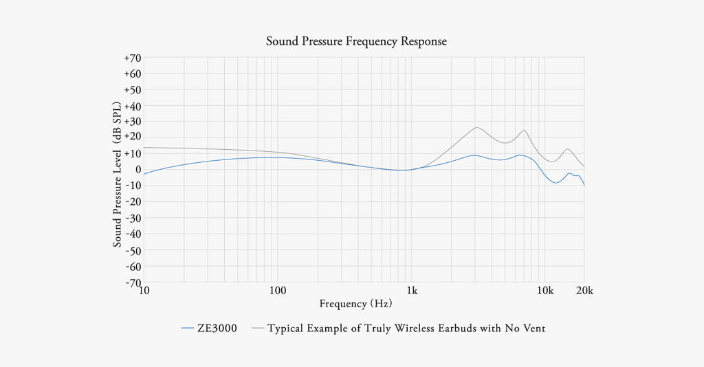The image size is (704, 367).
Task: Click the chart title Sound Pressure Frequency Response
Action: click(356, 41)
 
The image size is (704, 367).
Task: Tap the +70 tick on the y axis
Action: click(132, 58)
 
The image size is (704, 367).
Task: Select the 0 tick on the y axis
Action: click(137, 170)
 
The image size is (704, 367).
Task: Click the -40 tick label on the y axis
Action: click(133, 234)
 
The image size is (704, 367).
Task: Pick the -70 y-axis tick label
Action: click(133, 282)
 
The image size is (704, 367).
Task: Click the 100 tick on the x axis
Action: click(277, 291)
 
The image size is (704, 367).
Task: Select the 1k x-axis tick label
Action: click(411, 291)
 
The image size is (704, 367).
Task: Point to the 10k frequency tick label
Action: click(545, 291)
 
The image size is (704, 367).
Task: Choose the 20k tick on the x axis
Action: click(584, 291)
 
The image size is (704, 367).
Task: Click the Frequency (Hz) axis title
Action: click(355, 303)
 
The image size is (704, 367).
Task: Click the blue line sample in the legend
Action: click(189, 329)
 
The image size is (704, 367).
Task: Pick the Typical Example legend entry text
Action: click(406, 329)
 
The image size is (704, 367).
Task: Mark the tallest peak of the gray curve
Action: click(476, 127)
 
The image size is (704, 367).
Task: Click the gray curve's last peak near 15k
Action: click(568, 149)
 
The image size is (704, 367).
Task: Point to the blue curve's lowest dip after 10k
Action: click(555, 183)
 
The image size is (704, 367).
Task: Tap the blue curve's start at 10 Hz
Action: click(144, 174)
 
